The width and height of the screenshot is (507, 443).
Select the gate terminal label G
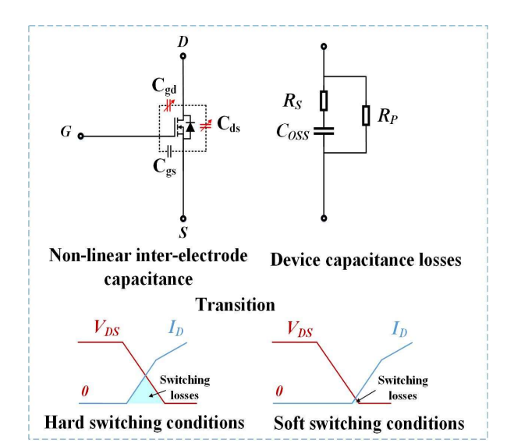coord(66,133)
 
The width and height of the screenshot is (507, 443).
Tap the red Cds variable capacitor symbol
coord(207,126)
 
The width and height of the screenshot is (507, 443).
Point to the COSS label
coord(291,134)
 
